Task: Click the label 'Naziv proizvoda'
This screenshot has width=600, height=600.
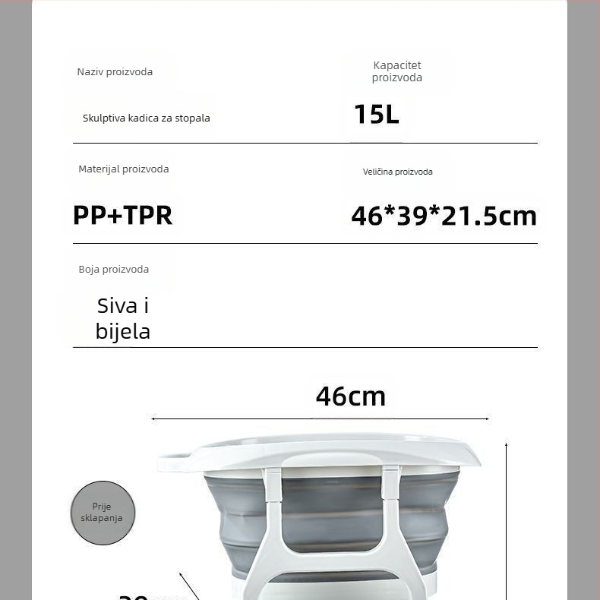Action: (x=115, y=72)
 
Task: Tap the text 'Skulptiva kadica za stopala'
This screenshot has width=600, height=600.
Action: (x=146, y=118)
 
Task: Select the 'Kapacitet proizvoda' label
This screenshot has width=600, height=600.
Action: (x=396, y=71)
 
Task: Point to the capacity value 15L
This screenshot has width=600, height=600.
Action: (x=376, y=115)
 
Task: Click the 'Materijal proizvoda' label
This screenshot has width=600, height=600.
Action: (x=124, y=169)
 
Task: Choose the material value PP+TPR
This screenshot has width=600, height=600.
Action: (x=123, y=216)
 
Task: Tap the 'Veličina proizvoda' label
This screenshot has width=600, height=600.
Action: (x=397, y=172)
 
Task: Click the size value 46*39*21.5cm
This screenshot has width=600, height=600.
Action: (x=444, y=216)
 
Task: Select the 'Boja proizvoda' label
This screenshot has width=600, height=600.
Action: (x=114, y=270)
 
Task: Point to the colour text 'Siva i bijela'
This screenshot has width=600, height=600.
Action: (x=123, y=318)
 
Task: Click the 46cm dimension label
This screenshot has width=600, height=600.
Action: (x=351, y=396)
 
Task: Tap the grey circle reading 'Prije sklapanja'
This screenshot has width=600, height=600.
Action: (x=103, y=513)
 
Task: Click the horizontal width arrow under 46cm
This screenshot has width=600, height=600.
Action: (x=319, y=418)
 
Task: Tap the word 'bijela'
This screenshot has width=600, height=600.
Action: (x=123, y=332)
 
